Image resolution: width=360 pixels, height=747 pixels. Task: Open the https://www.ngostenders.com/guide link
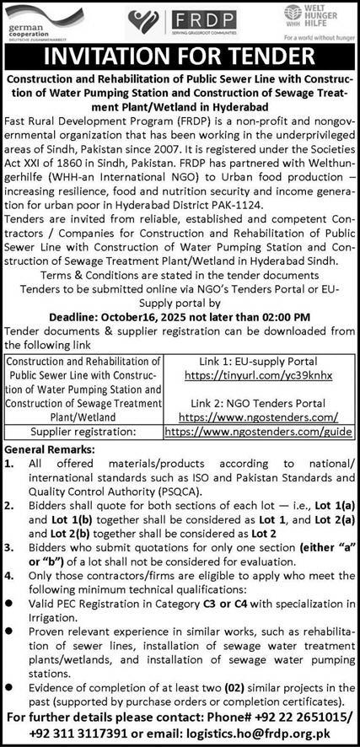click(259, 430)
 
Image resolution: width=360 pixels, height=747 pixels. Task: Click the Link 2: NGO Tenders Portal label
click(259, 402)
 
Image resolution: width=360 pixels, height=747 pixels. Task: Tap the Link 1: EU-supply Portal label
click(259, 361)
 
